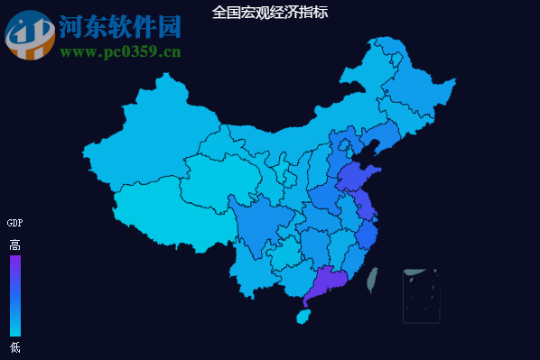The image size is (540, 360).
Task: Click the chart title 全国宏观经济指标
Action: tap(270, 13)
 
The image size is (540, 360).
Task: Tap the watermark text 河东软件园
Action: tap(120, 27)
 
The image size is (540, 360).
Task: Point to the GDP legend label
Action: tap(14, 223)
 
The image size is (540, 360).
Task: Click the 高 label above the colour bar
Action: tap(14, 245)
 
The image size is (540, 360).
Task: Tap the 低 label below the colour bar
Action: tap(14, 347)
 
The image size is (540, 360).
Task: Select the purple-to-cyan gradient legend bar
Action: tap(14, 295)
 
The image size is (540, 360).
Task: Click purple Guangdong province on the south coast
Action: tap(325, 283)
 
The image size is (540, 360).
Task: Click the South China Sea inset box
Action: tap(421, 295)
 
